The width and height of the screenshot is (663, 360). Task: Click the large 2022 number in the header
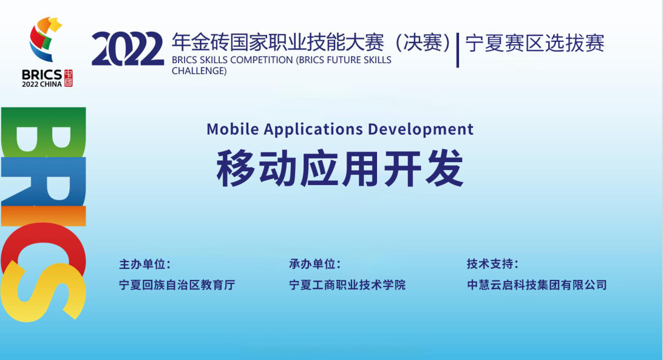pos(127,49)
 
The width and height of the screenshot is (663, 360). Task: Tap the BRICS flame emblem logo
pos(46,39)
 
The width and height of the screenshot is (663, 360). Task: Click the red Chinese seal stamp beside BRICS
pos(68,78)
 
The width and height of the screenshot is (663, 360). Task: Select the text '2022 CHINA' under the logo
pos(42,84)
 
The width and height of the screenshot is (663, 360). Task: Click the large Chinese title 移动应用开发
pos(340,168)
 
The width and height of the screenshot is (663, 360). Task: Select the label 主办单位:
pos(144,265)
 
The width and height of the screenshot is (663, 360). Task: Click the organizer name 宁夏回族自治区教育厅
pos(177,285)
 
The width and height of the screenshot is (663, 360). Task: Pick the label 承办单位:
pos(315,264)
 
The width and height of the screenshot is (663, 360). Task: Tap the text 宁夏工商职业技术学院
pos(347,285)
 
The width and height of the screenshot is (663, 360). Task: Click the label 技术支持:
pos(492,264)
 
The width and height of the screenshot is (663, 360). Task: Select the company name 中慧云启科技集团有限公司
pos(537,285)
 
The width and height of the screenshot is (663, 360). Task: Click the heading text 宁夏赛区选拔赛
pos(535,43)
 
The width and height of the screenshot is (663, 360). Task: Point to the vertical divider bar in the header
pos(458,50)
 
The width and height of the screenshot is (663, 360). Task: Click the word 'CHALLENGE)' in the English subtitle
pos(199,71)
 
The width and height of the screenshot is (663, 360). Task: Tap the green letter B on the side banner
pos(43,132)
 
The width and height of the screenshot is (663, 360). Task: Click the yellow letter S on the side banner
pos(43,292)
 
